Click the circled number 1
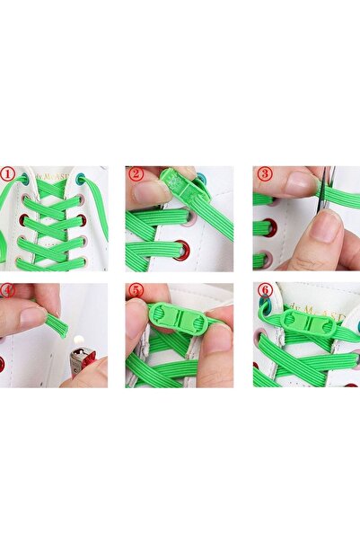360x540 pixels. (7, 173)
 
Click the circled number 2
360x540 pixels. (136, 173)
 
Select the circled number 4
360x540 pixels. (7, 291)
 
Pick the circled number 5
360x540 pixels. (136, 291)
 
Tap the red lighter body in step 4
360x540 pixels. (83, 363)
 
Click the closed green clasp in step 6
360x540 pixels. (308, 323)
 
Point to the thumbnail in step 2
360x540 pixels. (149, 192)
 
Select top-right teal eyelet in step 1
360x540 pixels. (83, 179)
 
